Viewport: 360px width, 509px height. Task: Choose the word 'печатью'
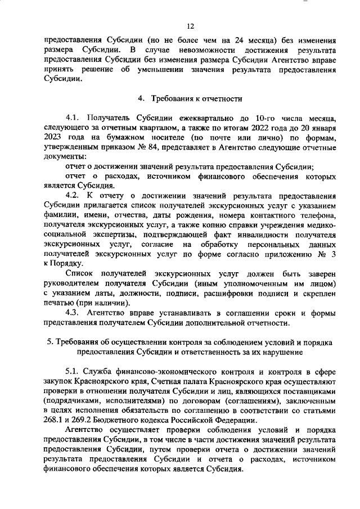pos(58,303)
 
